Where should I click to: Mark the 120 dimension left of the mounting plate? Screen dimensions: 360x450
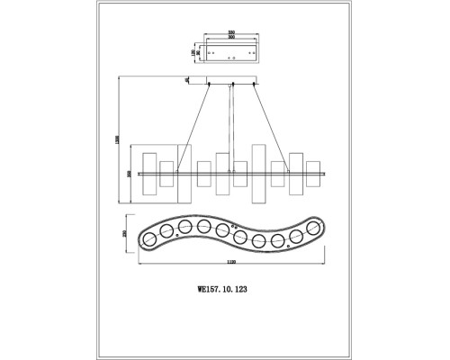(192, 51)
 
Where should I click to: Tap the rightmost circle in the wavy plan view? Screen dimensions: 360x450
(314, 229)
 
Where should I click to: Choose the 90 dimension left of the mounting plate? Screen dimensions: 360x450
(198, 51)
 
